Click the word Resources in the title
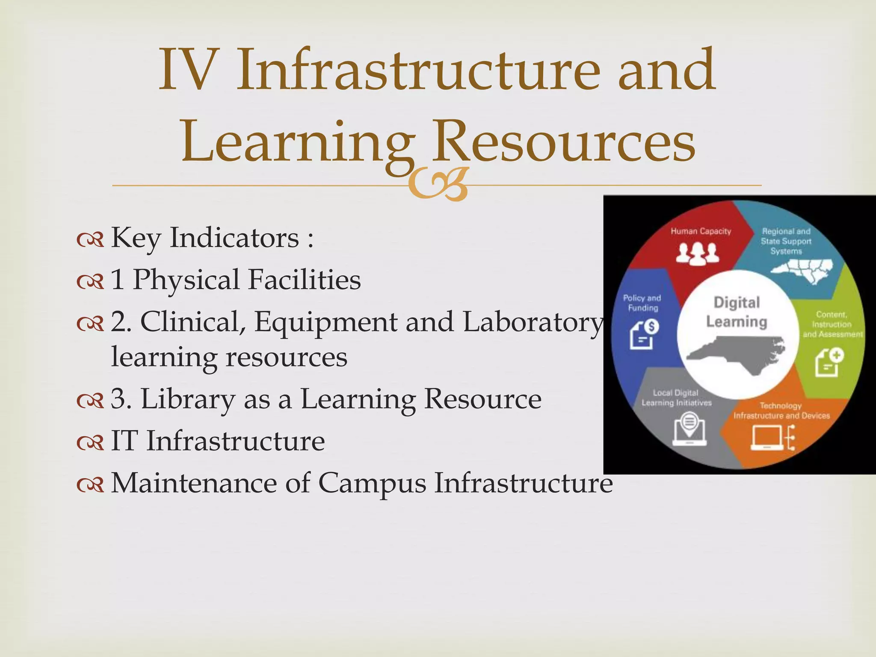(x=564, y=141)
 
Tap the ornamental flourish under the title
(x=437, y=185)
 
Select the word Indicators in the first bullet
(x=234, y=237)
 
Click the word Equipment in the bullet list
(x=326, y=322)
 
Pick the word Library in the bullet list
(x=188, y=399)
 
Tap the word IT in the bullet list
(x=124, y=441)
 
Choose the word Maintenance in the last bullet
(x=194, y=483)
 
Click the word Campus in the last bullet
(x=372, y=484)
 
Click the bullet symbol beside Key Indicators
(x=90, y=240)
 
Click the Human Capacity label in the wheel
(x=701, y=231)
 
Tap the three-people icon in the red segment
(x=697, y=253)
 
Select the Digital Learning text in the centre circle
(x=737, y=312)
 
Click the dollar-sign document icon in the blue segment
(x=644, y=334)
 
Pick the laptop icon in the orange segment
(x=767, y=438)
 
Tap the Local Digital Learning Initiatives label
(x=676, y=398)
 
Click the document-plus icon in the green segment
(x=829, y=362)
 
